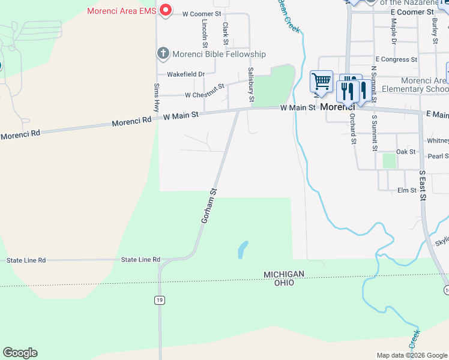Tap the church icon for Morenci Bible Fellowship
point(163,54)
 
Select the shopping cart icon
point(321,80)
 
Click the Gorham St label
point(208,206)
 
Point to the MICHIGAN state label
point(284,274)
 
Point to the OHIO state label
point(285,283)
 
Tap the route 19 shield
point(158,300)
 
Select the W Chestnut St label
point(204,95)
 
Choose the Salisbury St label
point(252,84)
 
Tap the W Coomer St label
point(202,13)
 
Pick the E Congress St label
point(396,59)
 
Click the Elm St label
point(406,190)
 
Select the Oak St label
point(406,152)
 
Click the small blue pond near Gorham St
point(243,249)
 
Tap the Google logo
point(20,353)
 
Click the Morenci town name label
point(337,107)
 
